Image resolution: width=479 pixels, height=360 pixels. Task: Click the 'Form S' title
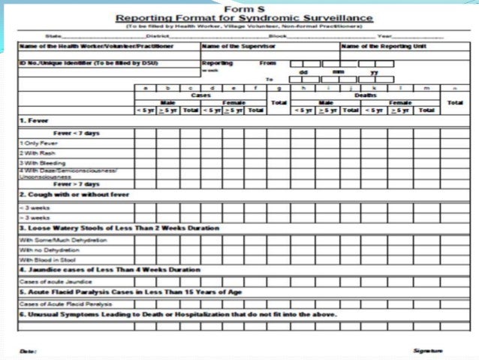pyautogui.click(x=239, y=7)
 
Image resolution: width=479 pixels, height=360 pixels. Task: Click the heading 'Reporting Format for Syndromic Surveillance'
pyautogui.click(x=239, y=17)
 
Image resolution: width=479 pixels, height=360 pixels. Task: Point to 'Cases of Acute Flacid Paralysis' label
pyautogui.click(x=56, y=304)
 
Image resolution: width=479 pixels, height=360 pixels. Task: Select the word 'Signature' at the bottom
pyautogui.click(x=427, y=350)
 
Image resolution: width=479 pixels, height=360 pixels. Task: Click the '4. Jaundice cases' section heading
pyautogui.click(x=110, y=269)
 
